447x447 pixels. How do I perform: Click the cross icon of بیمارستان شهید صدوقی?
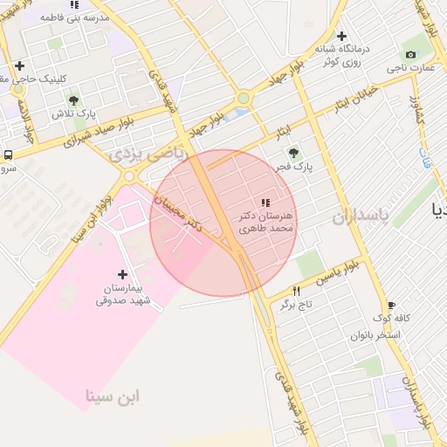point(122,274)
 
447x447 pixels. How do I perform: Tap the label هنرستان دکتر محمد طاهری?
point(266,220)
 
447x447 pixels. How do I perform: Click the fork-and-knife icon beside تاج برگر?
point(297,292)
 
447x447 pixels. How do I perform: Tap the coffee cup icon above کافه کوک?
point(391,305)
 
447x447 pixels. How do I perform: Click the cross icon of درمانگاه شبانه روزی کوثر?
point(342,36)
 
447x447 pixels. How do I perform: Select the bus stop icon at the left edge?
point(8,155)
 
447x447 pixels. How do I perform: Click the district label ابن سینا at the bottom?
point(112,397)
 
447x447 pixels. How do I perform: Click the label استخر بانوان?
point(375,335)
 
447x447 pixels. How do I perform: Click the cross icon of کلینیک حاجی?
point(19,65)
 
